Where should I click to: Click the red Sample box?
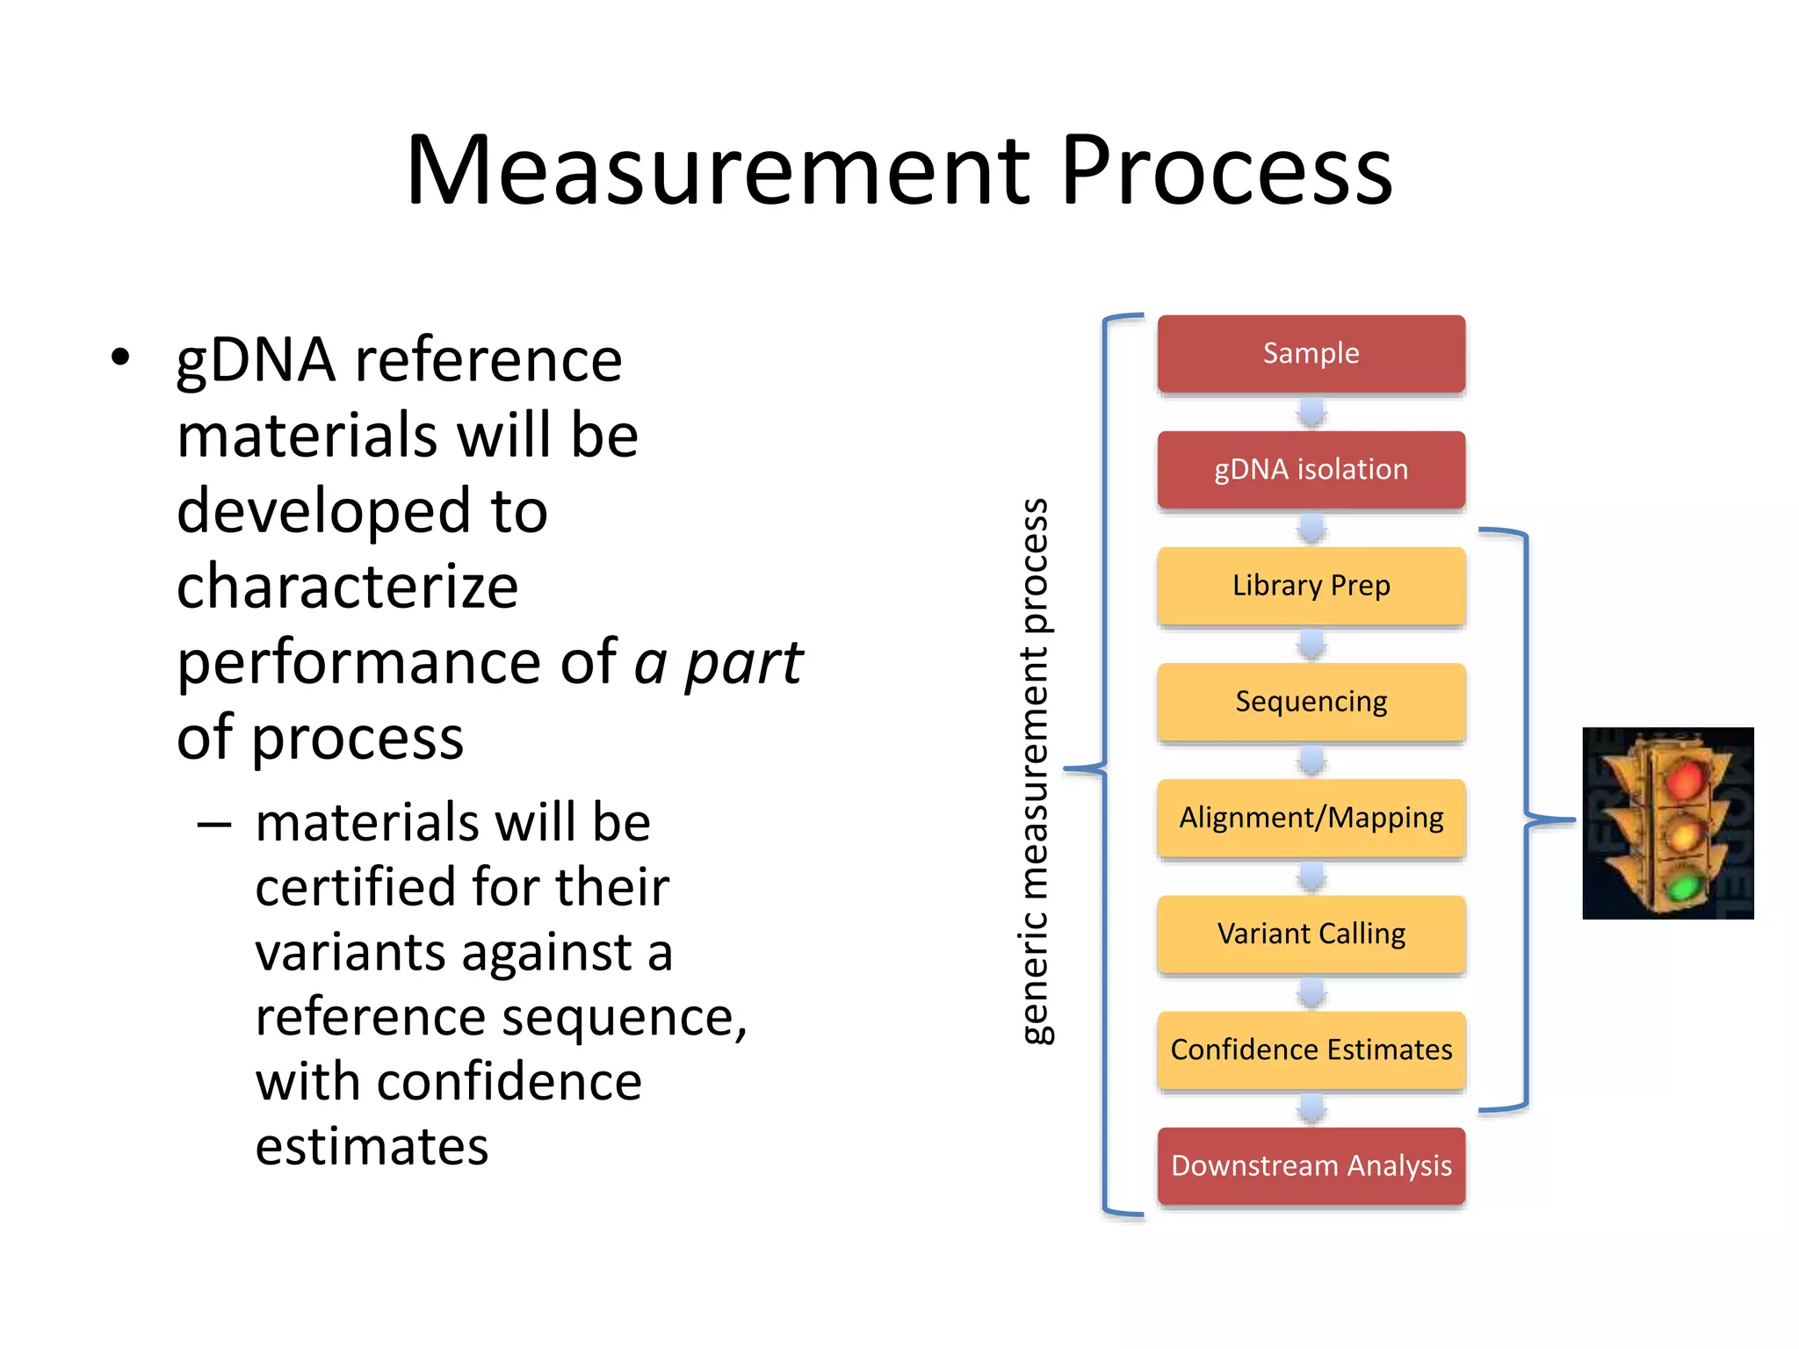coord(1311,353)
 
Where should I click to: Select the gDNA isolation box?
coord(1311,469)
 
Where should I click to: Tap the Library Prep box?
coord(1311,585)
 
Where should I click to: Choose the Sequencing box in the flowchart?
coord(1311,701)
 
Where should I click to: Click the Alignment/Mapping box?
coord(1311,818)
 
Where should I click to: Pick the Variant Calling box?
coord(1311,934)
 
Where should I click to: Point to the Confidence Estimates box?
coord(1311,1050)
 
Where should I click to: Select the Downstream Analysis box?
coord(1311,1165)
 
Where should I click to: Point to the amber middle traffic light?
coord(1684,833)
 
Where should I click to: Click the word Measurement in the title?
coord(717,171)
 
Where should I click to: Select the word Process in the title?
coord(1226,171)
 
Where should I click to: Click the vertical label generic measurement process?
coord(1036,770)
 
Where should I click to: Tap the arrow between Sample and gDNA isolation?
coord(1311,412)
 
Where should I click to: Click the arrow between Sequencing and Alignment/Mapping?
coord(1311,761)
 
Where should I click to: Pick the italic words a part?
coord(718,662)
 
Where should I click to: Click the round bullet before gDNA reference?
coord(120,358)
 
